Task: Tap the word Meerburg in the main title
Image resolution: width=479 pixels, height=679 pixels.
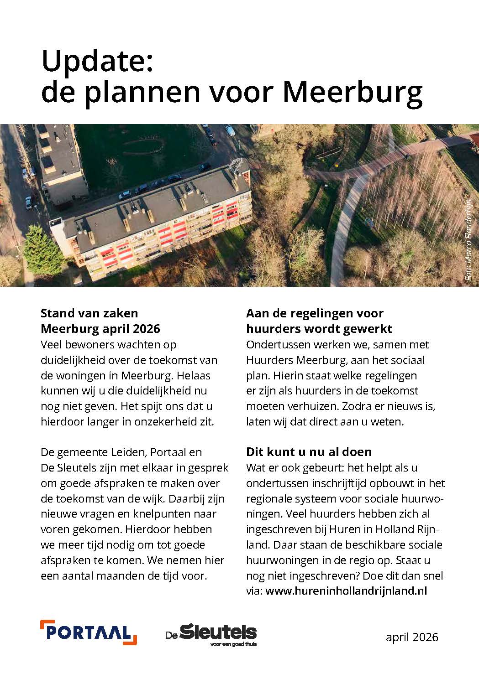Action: (x=352, y=92)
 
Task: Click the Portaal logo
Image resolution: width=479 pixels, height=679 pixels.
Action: (x=89, y=632)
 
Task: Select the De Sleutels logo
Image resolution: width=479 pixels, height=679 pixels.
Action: (x=211, y=633)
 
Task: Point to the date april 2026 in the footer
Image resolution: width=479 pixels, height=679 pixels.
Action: (x=411, y=637)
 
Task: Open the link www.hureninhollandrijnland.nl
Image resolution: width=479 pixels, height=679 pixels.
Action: (x=346, y=591)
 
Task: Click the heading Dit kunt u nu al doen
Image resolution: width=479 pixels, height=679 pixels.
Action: (x=309, y=452)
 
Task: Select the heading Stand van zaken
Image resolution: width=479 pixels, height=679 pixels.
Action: (x=89, y=313)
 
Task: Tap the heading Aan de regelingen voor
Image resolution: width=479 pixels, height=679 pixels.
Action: (x=315, y=313)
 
